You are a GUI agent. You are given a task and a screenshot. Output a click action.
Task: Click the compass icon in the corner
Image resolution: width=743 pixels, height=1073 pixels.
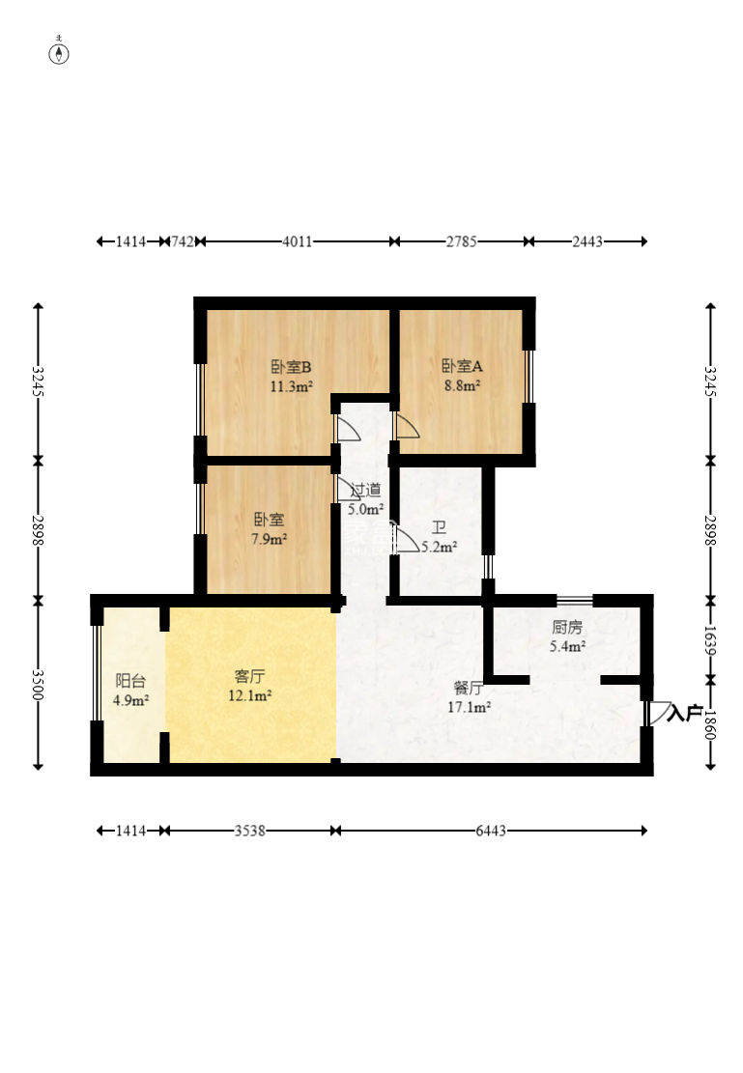point(60,53)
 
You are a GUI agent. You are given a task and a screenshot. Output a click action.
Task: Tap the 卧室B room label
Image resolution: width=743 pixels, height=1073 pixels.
point(291,367)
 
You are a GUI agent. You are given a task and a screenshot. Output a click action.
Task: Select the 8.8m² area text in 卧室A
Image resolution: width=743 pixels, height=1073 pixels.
point(462,385)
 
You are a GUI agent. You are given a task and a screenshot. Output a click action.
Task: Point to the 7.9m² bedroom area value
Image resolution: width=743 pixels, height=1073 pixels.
point(270,539)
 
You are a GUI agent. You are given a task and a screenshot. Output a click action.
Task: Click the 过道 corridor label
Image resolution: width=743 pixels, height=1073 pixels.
point(365,490)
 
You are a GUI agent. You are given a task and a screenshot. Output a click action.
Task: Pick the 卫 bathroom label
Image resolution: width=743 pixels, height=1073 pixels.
point(439,527)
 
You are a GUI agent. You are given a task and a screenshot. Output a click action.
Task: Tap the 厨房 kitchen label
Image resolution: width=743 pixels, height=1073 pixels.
point(567,627)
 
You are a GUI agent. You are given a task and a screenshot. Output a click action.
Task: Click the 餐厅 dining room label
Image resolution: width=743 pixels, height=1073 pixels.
point(469,689)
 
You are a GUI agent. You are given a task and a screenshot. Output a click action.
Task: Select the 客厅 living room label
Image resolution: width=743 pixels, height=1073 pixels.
point(249,677)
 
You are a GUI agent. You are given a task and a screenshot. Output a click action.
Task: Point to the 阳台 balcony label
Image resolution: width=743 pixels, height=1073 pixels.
point(130,681)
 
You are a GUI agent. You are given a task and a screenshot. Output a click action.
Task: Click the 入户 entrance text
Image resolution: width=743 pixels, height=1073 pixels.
point(685,713)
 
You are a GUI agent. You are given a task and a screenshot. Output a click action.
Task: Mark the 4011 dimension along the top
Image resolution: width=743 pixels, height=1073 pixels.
point(298,241)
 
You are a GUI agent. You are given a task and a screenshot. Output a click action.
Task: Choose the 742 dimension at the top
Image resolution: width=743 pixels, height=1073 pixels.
point(183,241)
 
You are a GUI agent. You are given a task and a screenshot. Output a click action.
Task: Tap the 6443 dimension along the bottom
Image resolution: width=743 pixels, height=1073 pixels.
point(491,831)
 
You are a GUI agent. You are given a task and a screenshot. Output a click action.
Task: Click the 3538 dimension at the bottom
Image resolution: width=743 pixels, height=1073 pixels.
point(250,831)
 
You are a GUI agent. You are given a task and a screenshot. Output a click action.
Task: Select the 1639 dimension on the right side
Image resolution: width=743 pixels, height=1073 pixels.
point(710,641)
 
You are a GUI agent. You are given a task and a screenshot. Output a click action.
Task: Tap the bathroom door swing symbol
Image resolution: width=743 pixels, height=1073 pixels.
point(408,539)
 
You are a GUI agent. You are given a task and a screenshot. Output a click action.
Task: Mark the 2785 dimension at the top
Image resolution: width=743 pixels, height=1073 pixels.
point(462,241)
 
